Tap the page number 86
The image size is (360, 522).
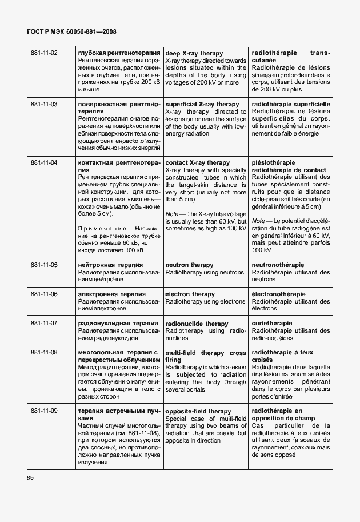pyautogui.click(x=31, y=477)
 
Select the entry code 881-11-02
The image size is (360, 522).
pyautogui.click(x=44, y=53)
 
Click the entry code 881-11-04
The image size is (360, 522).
pyautogui.click(x=44, y=163)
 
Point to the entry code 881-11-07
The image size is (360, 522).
pyautogui.click(x=44, y=324)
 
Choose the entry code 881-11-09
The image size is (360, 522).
pyautogui.click(x=44, y=411)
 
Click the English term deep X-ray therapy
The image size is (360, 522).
pyautogui.click(x=194, y=53)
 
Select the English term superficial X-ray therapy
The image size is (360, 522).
pyautogui.click(x=202, y=105)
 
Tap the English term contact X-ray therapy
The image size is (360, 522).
pyautogui.click(x=197, y=163)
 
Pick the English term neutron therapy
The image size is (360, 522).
pyautogui.click(x=189, y=265)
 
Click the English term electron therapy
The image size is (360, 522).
pyautogui.click(x=190, y=294)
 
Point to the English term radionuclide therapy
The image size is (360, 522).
pyautogui.click(x=196, y=324)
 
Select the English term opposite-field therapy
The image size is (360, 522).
pyautogui.click(x=198, y=411)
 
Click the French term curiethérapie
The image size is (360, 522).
pyautogui.click(x=272, y=324)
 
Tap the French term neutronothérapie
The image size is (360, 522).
pyautogui.click(x=278, y=265)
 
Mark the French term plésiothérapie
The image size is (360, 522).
pyautogui.click(x=274, y=163)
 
